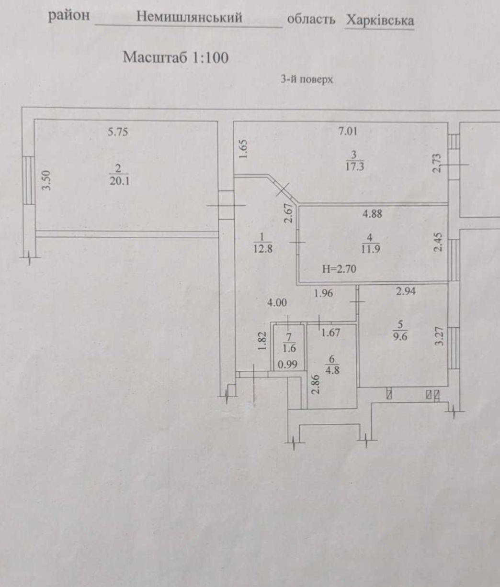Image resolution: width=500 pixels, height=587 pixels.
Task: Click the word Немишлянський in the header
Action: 189,18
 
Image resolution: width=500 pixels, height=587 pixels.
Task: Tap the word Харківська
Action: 380,21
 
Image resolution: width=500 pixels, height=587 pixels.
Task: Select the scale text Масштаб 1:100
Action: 176,57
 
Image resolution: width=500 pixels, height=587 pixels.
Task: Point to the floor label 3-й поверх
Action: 307,79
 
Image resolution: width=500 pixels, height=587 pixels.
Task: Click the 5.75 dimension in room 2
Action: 118,132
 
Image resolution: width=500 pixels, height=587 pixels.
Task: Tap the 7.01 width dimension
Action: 347,132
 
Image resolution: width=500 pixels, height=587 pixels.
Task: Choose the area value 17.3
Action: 354,166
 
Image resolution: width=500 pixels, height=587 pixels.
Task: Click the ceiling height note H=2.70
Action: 339,269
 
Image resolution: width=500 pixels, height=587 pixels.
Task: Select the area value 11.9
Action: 371,249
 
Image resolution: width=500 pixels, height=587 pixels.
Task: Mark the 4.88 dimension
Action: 372,214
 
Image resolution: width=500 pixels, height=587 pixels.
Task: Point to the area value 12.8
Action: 262,249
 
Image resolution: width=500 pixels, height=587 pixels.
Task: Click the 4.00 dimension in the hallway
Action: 277,303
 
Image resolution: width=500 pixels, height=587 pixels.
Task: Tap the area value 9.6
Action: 399,337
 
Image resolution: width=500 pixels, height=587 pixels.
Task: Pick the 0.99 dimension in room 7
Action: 288,365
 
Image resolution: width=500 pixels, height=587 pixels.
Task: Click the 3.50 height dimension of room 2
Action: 47,180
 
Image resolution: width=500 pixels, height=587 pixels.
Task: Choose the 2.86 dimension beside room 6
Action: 316,384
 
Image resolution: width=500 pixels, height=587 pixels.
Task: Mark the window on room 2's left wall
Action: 28,180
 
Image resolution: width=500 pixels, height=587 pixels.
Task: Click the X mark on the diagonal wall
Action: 283,189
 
